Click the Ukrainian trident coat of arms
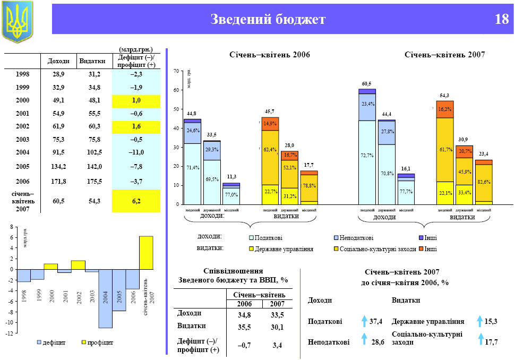click(x=18, y=21)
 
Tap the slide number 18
click(x=501, y=20)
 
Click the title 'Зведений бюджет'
click(x=268, y=20)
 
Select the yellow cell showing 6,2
click(x=136, y=201)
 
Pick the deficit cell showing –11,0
click(x=136, y=152)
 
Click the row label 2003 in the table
click(x=23, y=139)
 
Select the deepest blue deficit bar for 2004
click(x=105, y=298)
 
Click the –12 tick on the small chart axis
click(x=10, y=333)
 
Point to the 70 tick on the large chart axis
click(x=176, y=71)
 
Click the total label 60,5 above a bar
click(x=366, y=84)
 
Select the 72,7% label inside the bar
click(x=366, y=156)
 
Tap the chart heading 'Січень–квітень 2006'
click(x=270, y=55)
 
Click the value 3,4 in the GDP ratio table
click(x=277, y=345)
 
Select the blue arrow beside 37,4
click(x=364, y=321)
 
